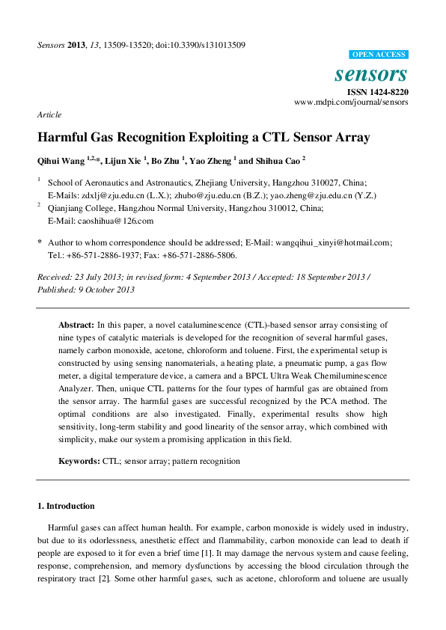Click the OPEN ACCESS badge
point(379,55)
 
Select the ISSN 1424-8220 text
point(377,91)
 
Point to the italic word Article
point(49,114)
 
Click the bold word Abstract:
point(76,325)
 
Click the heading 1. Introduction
point(66,506)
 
